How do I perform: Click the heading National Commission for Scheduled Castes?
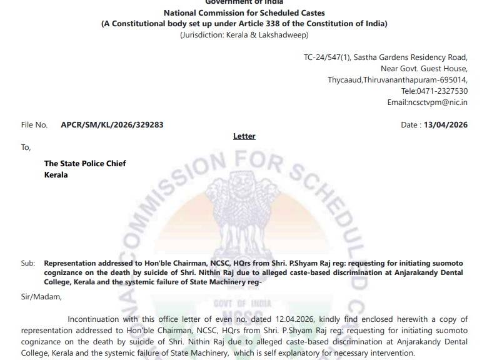click(244, 12)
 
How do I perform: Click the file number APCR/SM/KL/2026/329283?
click(112, 124)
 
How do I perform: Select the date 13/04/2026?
click(445, 125)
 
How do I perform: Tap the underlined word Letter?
click(244, 136)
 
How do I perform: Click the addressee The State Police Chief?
click(85, 164)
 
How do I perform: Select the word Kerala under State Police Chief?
click(56, 175)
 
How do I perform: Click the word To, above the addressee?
click(26, 147)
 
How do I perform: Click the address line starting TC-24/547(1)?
click(385, 57)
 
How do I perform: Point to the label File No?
click(34, 125)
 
